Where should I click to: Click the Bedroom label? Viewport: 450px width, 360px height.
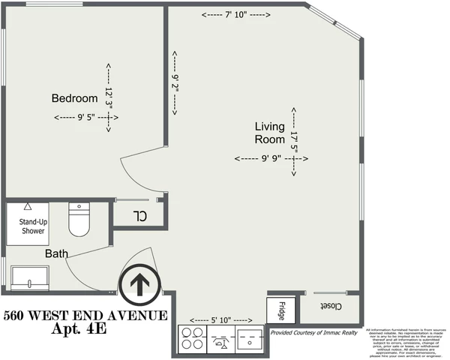(x=74, y=98)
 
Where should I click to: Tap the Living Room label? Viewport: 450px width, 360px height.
(x=269, y=133)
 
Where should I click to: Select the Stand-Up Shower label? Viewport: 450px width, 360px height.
(x=32, y=226)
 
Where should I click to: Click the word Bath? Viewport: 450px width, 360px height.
(x=57, y=254)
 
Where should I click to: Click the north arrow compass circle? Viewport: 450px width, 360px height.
(x=139, y=284)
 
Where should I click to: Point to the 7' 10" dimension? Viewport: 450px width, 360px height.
(x=235, y=15)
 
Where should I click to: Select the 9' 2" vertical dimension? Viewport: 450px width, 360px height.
(x=175, y=83)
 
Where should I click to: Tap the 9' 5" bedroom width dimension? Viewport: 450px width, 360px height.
(x=85, y=117)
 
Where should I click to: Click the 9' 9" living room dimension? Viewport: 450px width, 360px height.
(x=266, y=158)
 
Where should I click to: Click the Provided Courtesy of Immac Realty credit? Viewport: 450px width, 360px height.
(x=313, y=331)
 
